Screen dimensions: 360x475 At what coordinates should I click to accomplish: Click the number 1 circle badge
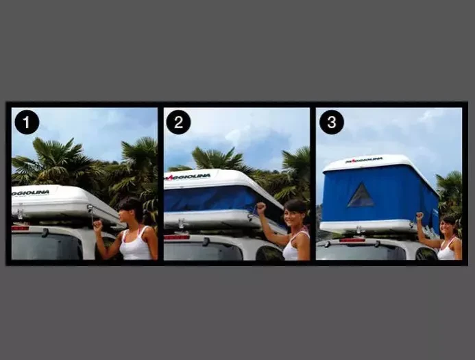pyautogui.click(x=27, y=122)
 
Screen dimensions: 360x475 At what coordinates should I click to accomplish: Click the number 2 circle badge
pyautogui.click(x=178, y=122)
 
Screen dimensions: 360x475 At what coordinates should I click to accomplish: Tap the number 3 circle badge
pyautogui.click(x=331, y=122)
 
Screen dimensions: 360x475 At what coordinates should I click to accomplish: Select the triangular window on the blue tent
pyautogui.click(x=361, y=195)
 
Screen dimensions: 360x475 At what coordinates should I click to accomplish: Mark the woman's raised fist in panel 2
pyautogui.click(x=260, y=207)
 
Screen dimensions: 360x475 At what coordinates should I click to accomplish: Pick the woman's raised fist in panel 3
pyautogui.click(x=419, y=217)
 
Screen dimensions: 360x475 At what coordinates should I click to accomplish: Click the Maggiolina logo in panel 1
pyautogui.click(x=31, y=193)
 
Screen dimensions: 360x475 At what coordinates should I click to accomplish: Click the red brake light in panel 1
pyautogui.click(x=21, y=228)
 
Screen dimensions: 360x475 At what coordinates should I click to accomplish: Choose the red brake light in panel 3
pyautogui.click(x=352, y=240)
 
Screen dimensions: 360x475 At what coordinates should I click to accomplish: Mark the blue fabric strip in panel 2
pyautogui.click(x=212, y=200)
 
